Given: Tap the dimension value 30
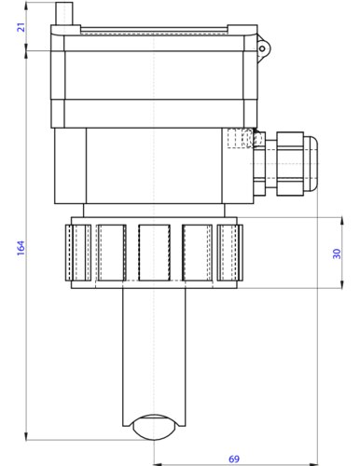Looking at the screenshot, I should [x=337, y=253].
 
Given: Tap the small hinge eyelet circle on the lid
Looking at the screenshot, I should [x=263, y=48].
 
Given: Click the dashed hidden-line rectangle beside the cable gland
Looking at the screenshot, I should [x=240, y=139].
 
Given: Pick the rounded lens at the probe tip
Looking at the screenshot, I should [x=153, y=427].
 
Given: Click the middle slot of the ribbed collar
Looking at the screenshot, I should [x=153, y=252].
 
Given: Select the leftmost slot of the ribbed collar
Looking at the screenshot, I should [x=79, y=252].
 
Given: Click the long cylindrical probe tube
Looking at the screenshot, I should [x=153, y=354].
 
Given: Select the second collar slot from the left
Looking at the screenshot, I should [x=111, y=252].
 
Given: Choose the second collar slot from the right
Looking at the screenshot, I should [x=196, y=252].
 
